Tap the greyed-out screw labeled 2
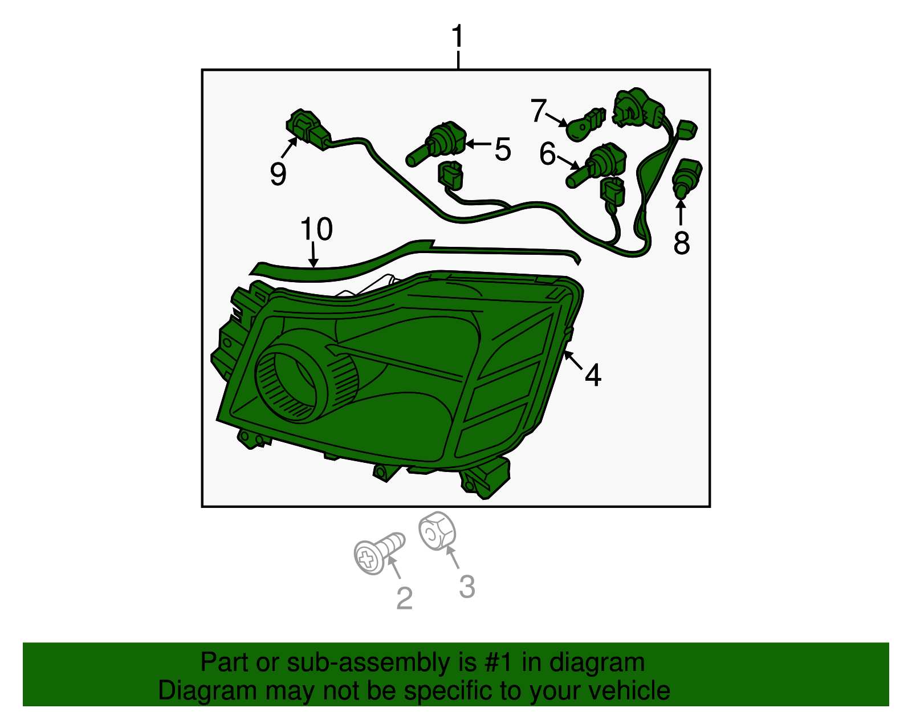point(376,552)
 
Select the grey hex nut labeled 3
point(437,531)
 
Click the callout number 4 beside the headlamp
point(593,375)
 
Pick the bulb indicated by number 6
point(596,165)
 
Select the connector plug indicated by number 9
point(308,129)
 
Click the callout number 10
point(316,229)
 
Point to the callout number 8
point(681,243)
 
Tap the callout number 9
point(278,173)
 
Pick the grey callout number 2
point(404,598)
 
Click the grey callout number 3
point(467,587)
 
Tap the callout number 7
point(538,111)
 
